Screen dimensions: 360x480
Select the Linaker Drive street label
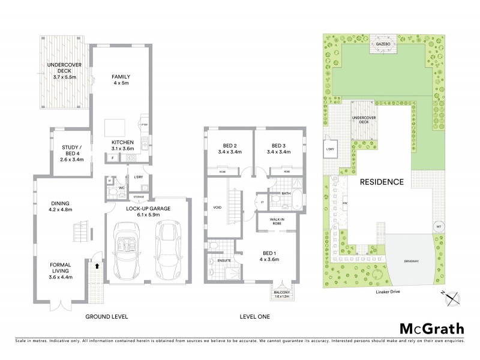[x=383, y=290]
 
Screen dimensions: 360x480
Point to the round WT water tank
[x=438, y=226]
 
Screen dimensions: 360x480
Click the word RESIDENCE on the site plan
[x=382, y=181]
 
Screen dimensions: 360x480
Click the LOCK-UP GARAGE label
[x=148, y=208]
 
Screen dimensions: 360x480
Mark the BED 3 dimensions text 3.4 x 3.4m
[x=278, y=152]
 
